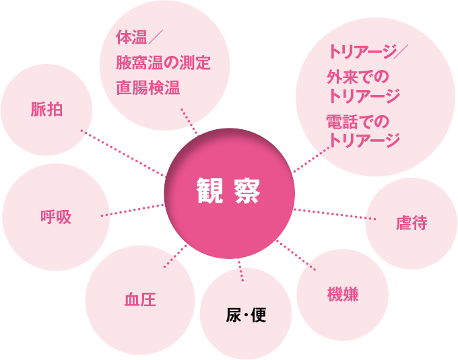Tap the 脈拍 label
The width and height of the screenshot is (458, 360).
[46, 109]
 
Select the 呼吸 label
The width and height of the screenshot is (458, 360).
[56, 217]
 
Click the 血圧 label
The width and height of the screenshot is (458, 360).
[140, 299]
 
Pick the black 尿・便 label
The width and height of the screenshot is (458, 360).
[246, 314]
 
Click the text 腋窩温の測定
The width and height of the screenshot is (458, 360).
[164, 64]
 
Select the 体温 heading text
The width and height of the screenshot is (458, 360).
[127, 36]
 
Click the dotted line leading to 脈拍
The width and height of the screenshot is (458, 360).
[123, 153]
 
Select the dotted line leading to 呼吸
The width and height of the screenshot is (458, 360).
[132, 210]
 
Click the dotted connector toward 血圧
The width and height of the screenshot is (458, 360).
[174, 254]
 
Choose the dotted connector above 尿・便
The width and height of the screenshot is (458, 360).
[240, 270]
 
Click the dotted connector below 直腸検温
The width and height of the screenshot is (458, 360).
[190, 122]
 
